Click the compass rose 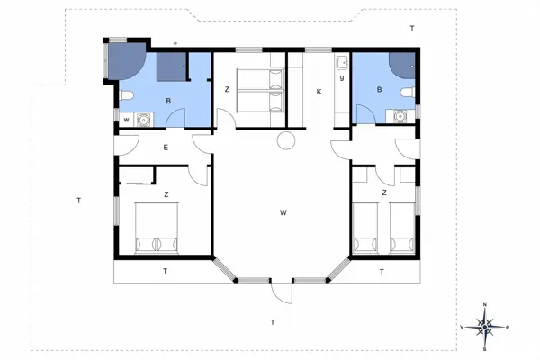click(485, 327)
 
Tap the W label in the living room click(283, 212)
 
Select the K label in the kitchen click(318, 92)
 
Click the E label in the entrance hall click(166, 148)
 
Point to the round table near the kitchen click(287, 141)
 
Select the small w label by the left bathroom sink click(126, 118)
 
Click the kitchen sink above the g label click(342, 63)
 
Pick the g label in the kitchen click(342, 78)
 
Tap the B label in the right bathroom click(380, 90)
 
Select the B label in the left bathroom click(168, 102)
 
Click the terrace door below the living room click(282, 292)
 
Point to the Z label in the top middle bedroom click(227, 89)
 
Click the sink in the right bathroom click(400, 114)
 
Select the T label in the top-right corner click(412, 29)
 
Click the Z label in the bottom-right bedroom click(384, 193)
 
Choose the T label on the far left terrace click(79, 200)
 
